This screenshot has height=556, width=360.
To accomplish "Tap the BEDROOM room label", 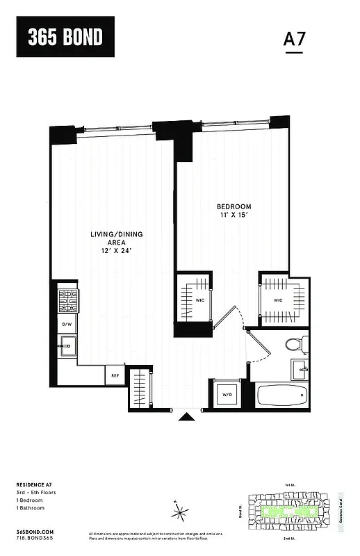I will (234, 207).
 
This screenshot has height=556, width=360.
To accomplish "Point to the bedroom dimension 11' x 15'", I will (234, 216).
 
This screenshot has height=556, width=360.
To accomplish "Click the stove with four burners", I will (68, 302).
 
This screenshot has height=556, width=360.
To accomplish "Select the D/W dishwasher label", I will (67, 325).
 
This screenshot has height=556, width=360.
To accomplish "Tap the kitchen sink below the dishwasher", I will (67, 345).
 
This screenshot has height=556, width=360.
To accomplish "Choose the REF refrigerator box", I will (115, 376).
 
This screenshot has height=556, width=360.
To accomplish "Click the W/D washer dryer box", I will (227, 395).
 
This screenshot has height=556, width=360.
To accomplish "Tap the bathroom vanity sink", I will (299, 369).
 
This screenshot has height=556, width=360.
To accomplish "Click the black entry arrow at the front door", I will (187, 417).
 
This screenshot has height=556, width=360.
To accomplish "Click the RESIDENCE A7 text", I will (35, 484).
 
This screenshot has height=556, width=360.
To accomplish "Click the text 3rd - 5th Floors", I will (35, 493).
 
